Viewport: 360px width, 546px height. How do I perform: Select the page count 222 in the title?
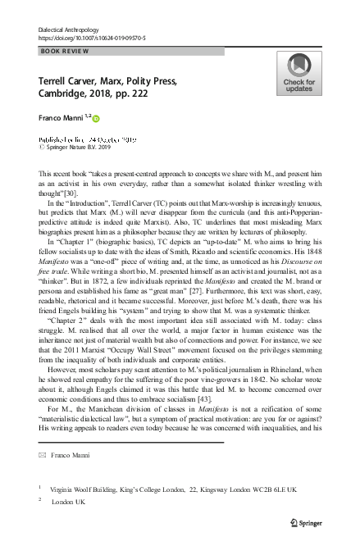click(x=157, y=98)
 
